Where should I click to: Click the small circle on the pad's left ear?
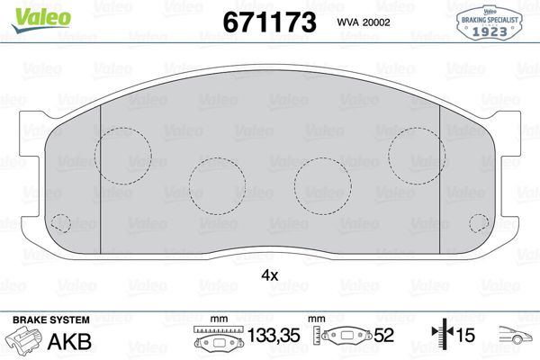click(62, 222)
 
